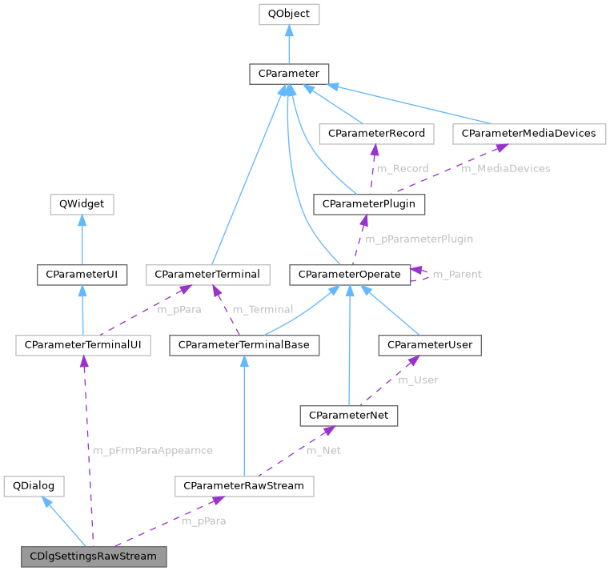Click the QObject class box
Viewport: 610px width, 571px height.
point(289,14)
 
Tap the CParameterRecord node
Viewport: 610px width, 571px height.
point(375,134)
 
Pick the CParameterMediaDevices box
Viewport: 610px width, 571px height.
point(528,134)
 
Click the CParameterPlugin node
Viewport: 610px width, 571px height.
point(369,204)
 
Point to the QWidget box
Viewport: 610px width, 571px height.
point(82,204)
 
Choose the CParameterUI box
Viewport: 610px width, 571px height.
point(82,275)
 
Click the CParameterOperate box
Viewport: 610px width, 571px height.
point(349,275)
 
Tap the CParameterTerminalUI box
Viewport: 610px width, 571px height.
point(83,345)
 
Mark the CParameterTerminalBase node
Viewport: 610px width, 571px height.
point(244,345)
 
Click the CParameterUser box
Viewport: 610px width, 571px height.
point(430,345)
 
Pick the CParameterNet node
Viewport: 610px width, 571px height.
point(348,416)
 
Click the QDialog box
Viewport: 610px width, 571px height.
point(34,486)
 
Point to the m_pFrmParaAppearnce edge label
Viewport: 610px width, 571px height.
point(153,451)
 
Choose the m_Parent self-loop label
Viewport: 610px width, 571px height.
point(457,275)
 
